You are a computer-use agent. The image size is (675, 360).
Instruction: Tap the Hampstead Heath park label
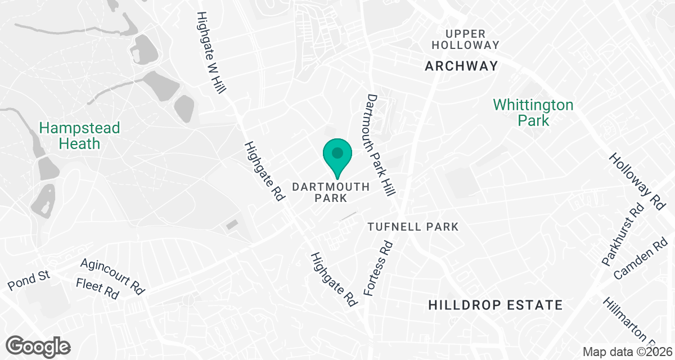click(79, 136)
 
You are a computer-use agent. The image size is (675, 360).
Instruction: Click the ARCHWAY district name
click(461, 66)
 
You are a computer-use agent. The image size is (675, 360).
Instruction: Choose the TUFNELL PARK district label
click(413, 227)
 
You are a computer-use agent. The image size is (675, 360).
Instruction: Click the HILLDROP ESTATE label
click(495, 305)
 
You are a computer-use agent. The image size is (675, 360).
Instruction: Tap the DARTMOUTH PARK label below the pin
click(331, 192)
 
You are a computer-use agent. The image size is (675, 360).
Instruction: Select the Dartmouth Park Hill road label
click(379, 146)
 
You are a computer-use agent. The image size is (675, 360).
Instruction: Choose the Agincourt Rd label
click(112, 276)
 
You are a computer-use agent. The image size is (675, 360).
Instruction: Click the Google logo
click(39, 346)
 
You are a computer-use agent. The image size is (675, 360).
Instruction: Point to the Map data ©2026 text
click(627, 352)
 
